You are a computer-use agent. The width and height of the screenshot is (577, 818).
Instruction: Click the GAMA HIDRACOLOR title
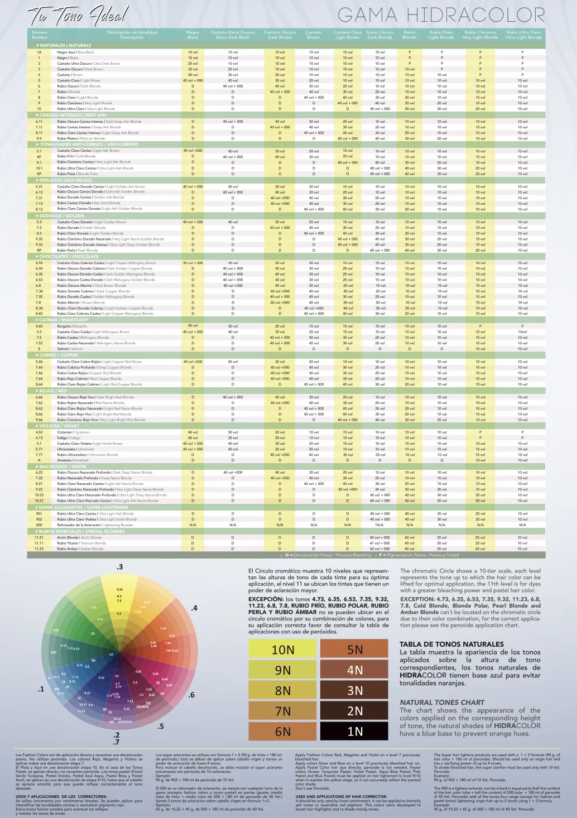click(x=441, y=15)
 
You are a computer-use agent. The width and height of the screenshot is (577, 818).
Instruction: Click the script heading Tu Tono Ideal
click(x=78, y=16)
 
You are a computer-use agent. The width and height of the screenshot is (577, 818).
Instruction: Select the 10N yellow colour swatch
click(x=283, y=650)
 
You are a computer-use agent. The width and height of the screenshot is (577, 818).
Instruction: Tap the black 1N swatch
click(x=355, y=732)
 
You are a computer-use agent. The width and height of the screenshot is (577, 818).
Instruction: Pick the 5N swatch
click(x=355, y=650)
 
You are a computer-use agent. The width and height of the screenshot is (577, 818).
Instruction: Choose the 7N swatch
click(x=283, y=711)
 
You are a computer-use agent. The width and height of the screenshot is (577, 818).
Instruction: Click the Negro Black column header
click(x=193, y=35)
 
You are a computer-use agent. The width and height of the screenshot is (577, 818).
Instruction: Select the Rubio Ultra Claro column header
click(x=523, y=35)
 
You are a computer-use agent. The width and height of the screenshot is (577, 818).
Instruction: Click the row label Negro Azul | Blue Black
click(x=75, y=52)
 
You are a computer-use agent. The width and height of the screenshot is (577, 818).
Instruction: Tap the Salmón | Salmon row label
click(x=70, y=349)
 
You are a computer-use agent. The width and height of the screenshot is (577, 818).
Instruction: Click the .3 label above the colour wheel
click(x=119, y=567)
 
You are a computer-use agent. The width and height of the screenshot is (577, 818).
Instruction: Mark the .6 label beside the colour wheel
click(x=191, y=695)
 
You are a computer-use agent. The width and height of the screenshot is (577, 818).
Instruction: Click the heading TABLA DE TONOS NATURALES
click(x=452, y=644)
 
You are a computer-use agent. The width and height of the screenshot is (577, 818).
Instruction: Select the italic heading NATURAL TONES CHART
click(x=442, y=702)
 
